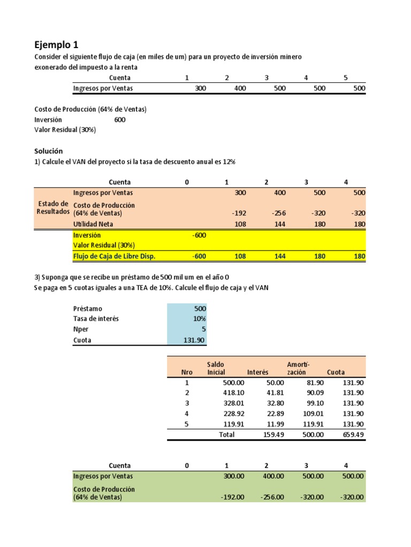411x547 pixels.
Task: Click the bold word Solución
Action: pyautogui.click(x=49, y=151)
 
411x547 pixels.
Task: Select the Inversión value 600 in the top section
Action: pyautogui.click(x=120, y=120)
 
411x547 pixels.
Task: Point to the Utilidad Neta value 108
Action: pyautogui.click(x=240, y=224)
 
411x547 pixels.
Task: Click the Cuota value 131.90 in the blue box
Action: pyautogui.click(x=195, y=340)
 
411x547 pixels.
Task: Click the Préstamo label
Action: pyautogui.click(x=87, y=308)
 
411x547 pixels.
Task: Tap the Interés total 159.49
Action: pyautogui.click(x=273, y=435)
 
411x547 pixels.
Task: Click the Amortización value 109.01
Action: pyautogui.click(x=313, y=413)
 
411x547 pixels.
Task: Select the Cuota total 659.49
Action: pyautogui.click(x=353, y=435)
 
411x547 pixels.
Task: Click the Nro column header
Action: pyautogui.click(x=186, y=372)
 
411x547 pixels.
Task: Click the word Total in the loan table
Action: pyautogui.click(x=226, y=435)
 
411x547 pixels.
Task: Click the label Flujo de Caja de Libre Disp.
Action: pyautogui.click(x=114, y=256)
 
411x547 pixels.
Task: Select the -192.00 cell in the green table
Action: pyautogui.click(x=233, y=497)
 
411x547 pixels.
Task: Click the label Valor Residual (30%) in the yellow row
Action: pyautogui.click(x=104, y=246)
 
